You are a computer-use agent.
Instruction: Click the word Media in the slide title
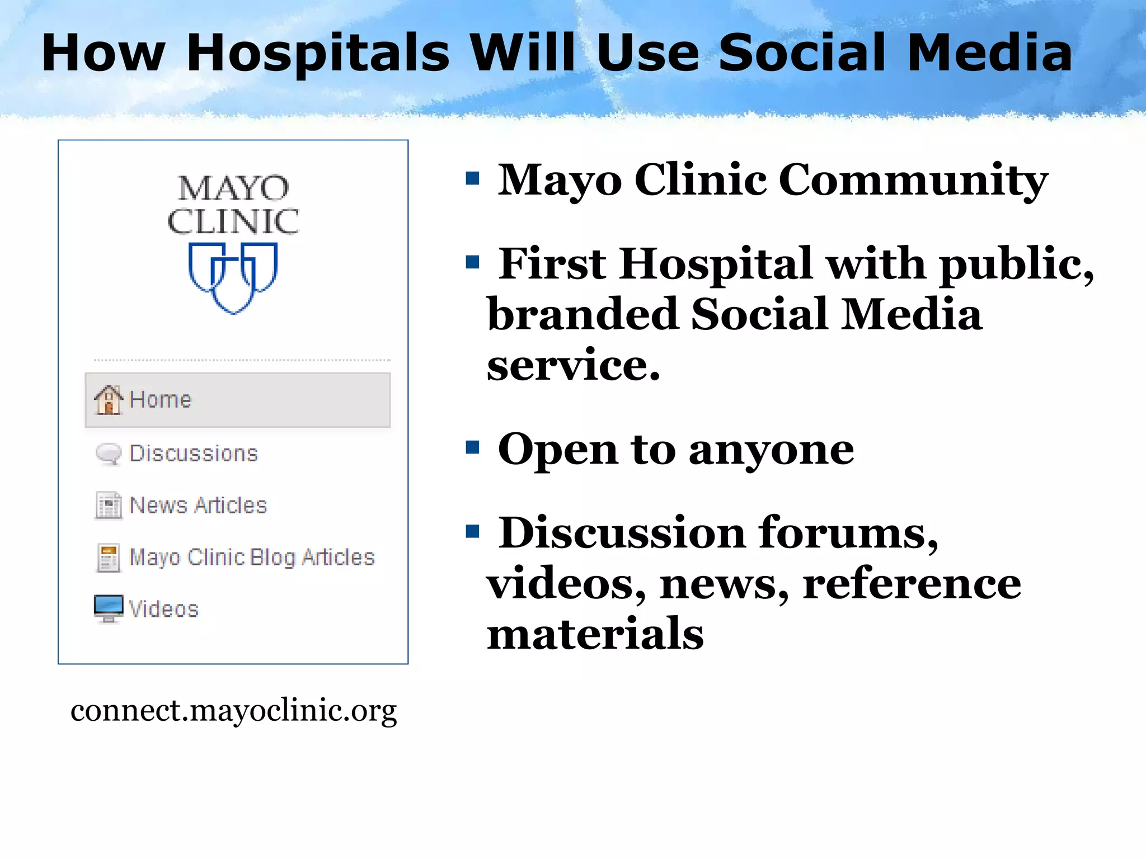[989, 53]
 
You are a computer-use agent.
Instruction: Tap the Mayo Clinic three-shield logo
[233, 277]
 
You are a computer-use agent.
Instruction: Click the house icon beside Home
[108, 400]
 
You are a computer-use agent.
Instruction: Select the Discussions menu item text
[194, 454]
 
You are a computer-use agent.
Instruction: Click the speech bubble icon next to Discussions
[108, 454]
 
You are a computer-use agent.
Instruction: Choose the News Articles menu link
[198, 506]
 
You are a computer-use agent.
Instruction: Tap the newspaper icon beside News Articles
[108, 506]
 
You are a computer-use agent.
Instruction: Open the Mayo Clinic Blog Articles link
[252, 558]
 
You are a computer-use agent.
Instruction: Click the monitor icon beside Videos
[108, 608]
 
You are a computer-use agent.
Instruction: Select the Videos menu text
[164, 609]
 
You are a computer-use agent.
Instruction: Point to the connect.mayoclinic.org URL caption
[233, 711]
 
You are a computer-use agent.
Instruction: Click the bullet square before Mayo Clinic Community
[473, 179]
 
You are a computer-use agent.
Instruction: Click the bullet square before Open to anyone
[473, 447]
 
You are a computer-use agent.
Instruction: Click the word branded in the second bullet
[582, 314]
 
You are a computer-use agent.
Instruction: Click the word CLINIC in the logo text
[233, 222]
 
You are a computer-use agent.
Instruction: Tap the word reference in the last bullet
[912, 584]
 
